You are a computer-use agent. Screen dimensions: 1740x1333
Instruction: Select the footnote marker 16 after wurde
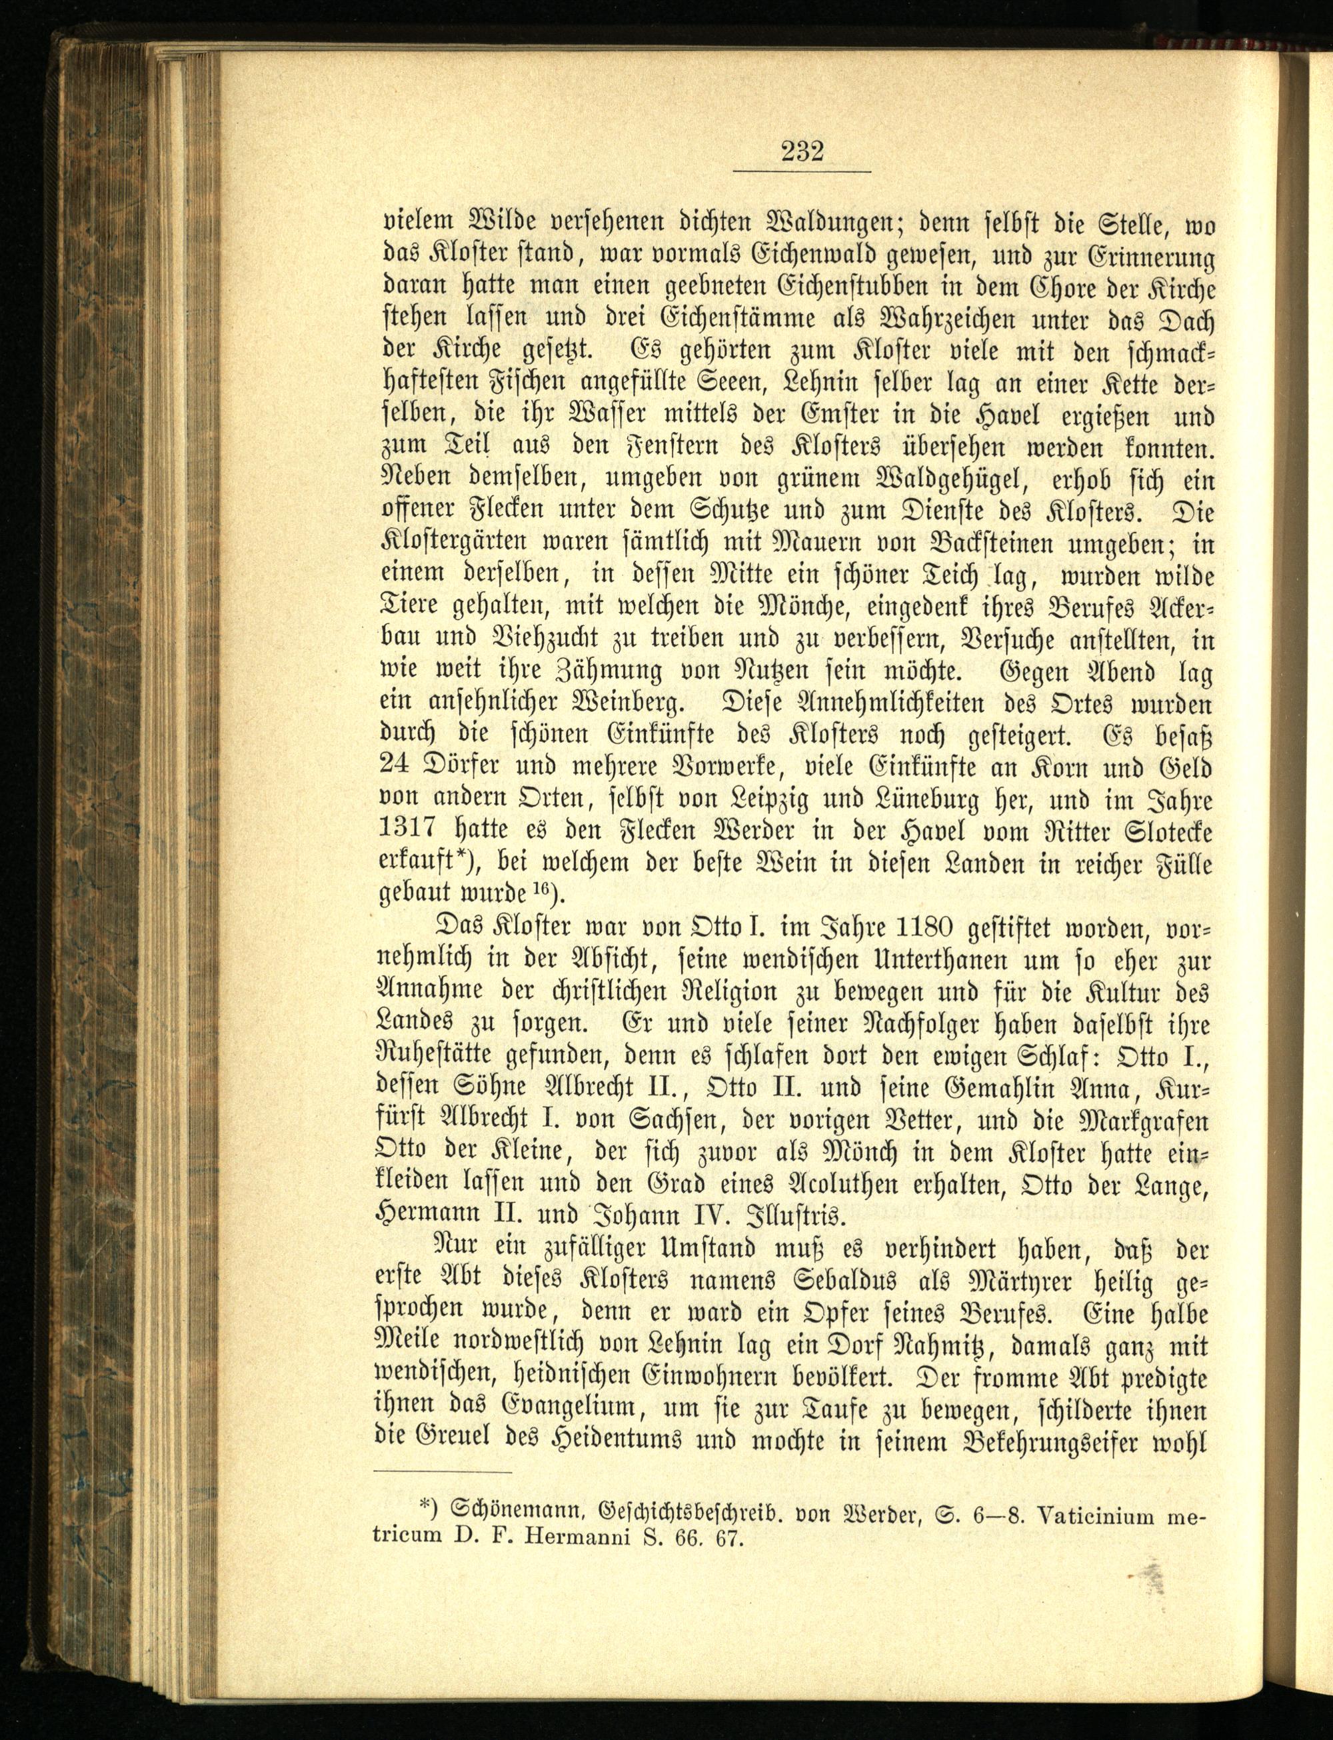[x=542, y=889]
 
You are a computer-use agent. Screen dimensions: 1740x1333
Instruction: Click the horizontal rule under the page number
[x=801, y=172]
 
